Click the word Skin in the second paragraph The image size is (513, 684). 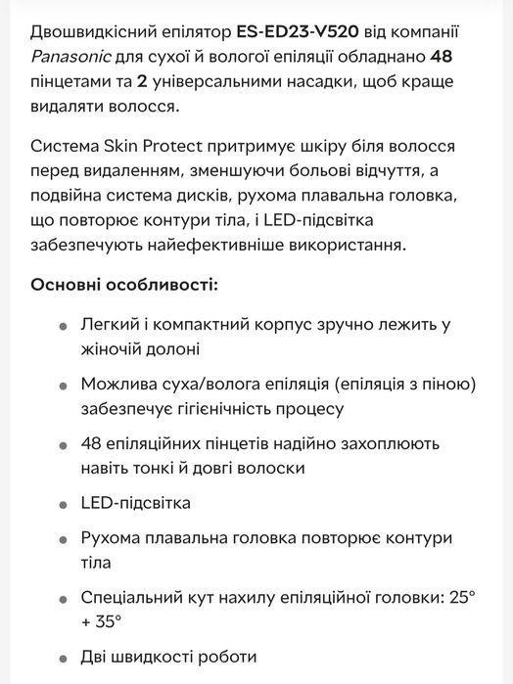click(x=124, y=147)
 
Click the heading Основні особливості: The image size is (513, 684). click(x=124, y=285)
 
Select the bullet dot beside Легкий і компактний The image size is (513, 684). click(x=64, y=327)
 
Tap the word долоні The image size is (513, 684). click(x=173, y=347)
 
